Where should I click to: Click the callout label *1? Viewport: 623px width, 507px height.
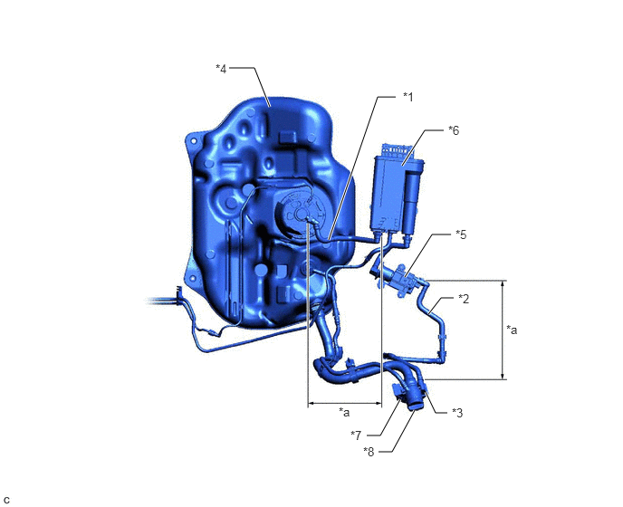(408, 97)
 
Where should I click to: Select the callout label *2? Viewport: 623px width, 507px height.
(464, 299)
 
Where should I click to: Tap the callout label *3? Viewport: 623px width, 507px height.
(457, 413)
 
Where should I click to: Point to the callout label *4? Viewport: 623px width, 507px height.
(221, 68)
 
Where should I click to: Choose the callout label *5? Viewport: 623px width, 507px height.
(461, 234)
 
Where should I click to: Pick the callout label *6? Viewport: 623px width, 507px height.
(454, 130)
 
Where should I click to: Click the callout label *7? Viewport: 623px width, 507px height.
(356, 435)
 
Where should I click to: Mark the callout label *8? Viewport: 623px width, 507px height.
(369, 452)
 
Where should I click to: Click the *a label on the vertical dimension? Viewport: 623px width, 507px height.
(512, 330)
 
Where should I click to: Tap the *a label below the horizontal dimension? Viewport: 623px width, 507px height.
(344, 412)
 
